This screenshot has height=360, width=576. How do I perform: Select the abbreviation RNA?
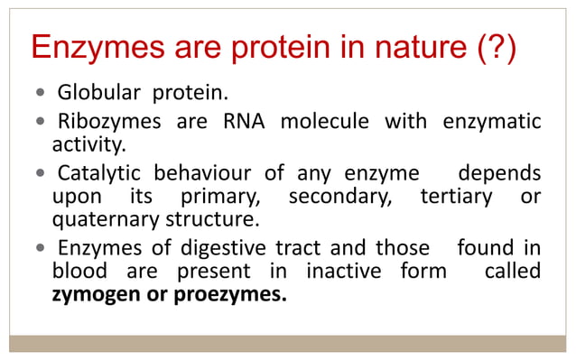click(243, 121)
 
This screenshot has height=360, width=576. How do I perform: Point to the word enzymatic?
click(492, 121)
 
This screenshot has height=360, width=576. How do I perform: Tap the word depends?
click(499, 172)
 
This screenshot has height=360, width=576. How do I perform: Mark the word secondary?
click(339, 196)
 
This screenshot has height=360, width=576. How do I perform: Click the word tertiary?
click(456, 196)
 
